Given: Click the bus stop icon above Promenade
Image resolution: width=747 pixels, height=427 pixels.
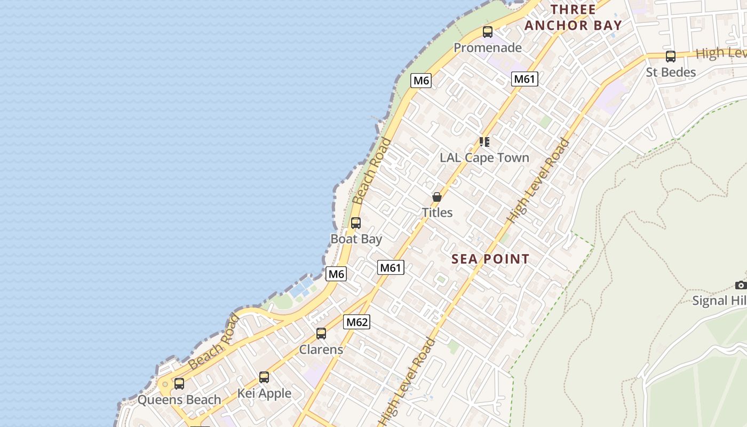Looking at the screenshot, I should click(x=488, y=32).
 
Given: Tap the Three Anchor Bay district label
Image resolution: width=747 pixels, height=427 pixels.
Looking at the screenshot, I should click(x=573, y=18).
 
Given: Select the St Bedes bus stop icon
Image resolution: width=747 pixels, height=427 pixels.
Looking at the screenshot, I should click(x=671, y=57).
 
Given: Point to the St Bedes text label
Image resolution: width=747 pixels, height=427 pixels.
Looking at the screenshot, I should click(x=671, y=72).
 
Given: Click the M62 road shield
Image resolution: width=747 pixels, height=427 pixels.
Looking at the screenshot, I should click(x=357, y=322).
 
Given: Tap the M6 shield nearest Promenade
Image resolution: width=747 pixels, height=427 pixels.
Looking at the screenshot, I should click(x=421, y=81).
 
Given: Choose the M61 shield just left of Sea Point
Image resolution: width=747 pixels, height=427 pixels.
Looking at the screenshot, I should click(x=391, y=267).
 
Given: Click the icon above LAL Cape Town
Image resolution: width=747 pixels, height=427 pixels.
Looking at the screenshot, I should click(x=484, y=142).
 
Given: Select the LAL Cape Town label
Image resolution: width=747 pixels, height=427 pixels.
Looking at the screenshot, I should click(x=484, y=157).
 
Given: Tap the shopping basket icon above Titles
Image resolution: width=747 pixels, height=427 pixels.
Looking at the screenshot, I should click(x=437, y=197).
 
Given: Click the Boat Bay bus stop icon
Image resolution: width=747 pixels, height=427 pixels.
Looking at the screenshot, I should click(x=356, y=223).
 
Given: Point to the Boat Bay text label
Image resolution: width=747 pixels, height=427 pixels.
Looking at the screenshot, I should click(x=356, y=239).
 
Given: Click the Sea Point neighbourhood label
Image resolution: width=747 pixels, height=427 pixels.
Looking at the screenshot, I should click(x=490, y=259).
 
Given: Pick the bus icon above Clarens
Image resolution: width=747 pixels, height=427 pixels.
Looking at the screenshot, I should click(x=321, y=334).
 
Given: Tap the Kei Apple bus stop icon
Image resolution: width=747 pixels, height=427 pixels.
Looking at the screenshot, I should click(x=264, y=377).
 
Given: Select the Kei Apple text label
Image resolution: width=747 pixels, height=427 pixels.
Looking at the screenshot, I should click(x=264, y=393).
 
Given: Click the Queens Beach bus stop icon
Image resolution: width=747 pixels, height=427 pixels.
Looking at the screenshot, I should click(x=179, y=384).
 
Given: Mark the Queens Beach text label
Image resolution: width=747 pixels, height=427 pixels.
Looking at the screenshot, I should click(x=179, y=399).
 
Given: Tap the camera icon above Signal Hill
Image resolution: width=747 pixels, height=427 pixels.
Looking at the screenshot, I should click(x=741, y=285).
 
